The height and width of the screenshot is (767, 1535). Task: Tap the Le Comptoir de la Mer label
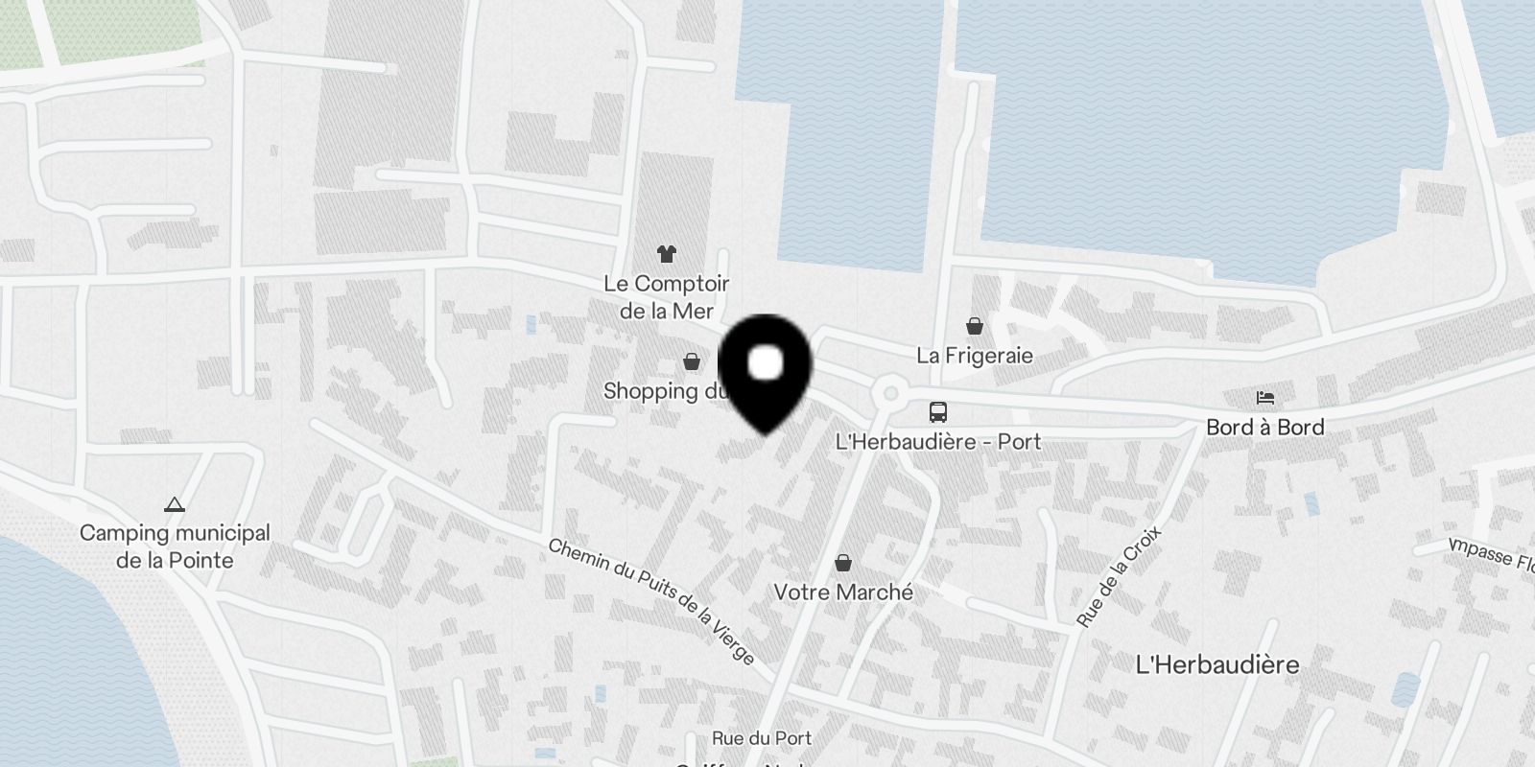pyautogui.click(x=667, y=297)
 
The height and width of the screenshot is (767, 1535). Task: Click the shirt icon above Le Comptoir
pyautogui.click(x=667, y=254)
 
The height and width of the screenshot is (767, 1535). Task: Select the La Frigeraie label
pyautogui.click(x=975, y=356)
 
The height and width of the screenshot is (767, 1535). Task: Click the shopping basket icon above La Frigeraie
pyautogui.click(x=975, y=326)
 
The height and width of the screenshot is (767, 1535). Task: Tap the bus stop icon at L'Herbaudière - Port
pyautogui.click(x=938, y=412)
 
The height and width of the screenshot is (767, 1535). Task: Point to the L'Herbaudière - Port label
pyautogui.click(x=938, y=442)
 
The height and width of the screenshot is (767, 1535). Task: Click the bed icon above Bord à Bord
pyautogui.click(x=1265, y=398)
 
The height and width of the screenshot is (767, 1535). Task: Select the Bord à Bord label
pyautogui.click(x=1265, y=428)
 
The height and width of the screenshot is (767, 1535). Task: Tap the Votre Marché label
pyautogui.click(x=843, y=593)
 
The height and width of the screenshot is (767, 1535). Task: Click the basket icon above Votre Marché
pyautogui.click(x=843, y=563)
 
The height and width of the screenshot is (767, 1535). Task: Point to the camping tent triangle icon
pyautogui.click(x=174, y=504)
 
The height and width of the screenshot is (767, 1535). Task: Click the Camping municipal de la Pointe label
pyautogui.click(x=175, y=546)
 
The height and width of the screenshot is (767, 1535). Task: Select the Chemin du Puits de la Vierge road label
pyautogui.click(x=651, y=601)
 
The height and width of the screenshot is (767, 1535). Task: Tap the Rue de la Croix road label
pyautogui.click(x=1119, y=576)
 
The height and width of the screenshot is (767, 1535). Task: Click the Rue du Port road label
pyautogui.click(x=762, y=738)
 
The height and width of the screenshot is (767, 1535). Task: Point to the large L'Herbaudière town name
pyautogui.click(x=1216, y=664)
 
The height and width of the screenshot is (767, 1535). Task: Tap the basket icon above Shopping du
pyautogui.click(x=691, y=361)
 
